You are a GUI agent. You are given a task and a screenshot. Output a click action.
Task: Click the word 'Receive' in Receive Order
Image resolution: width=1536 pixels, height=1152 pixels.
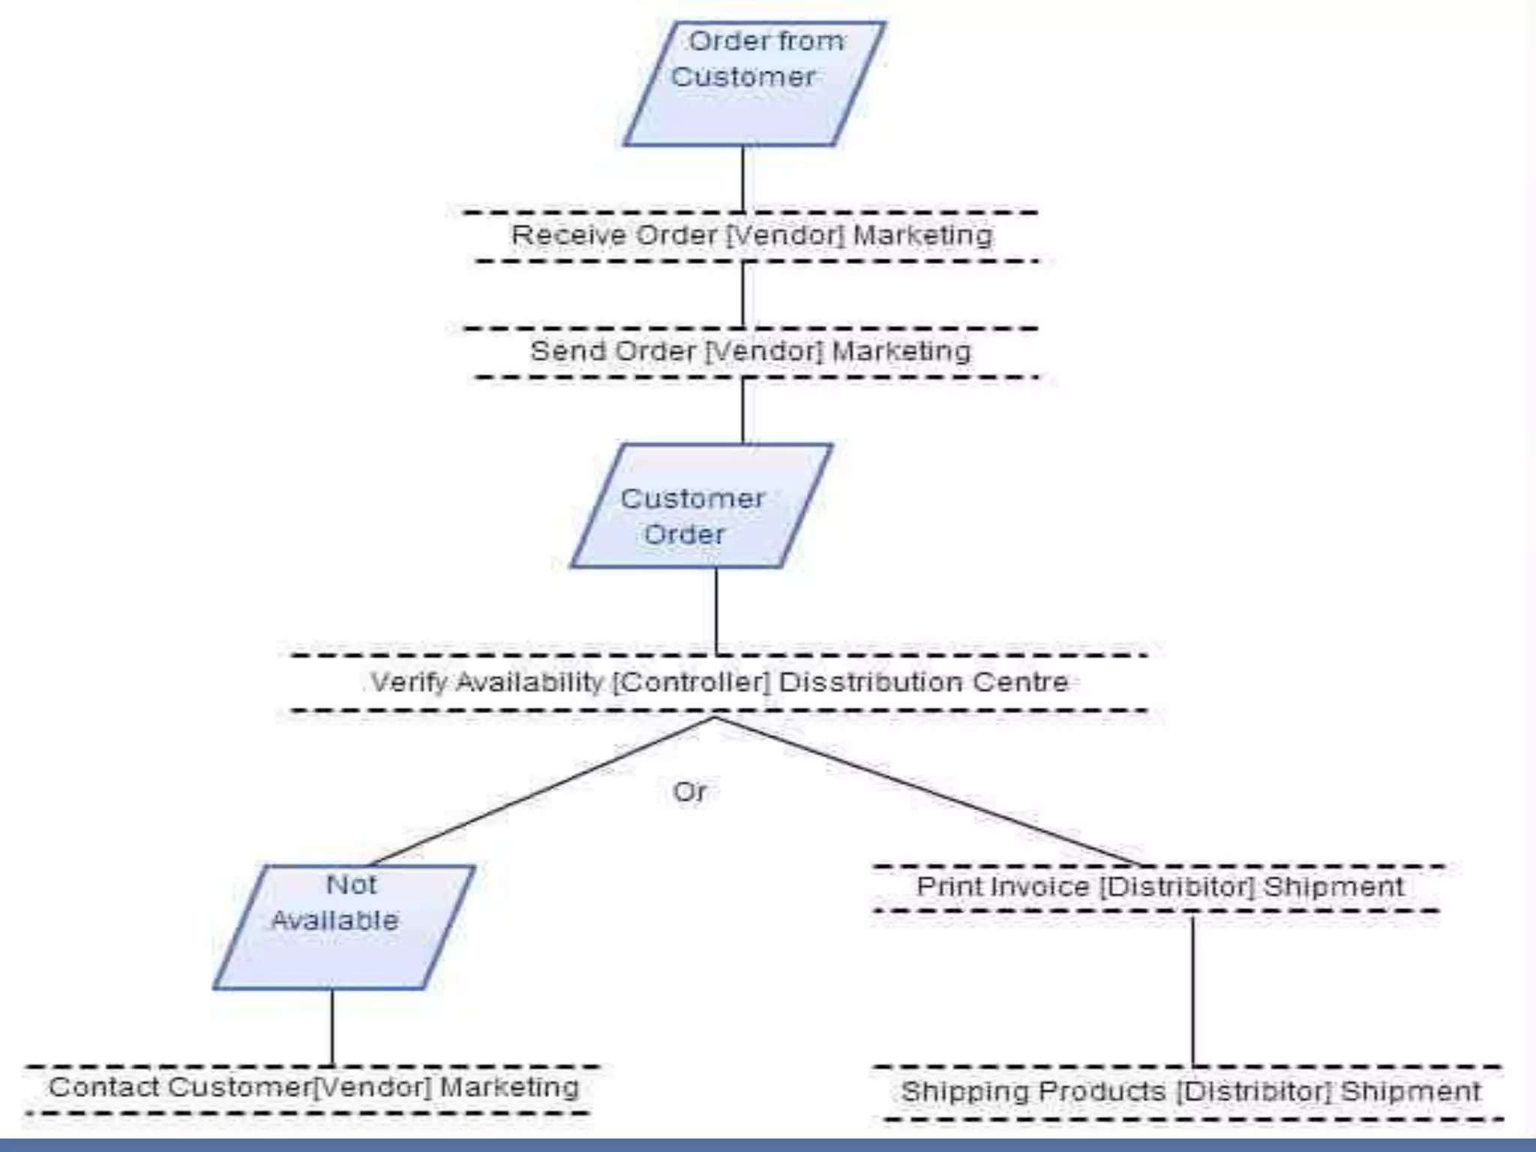568,235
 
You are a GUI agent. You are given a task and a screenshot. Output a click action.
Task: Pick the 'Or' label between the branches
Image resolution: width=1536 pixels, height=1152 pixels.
689,792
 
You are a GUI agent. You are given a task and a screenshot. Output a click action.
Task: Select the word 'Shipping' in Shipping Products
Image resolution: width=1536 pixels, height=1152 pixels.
958,1092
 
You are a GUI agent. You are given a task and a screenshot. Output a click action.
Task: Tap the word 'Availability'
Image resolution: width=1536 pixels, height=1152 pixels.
529,682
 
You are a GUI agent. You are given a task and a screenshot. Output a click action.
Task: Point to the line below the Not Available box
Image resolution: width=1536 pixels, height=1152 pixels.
332,1027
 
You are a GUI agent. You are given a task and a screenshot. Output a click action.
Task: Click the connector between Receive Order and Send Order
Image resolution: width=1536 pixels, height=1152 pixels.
743,295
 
